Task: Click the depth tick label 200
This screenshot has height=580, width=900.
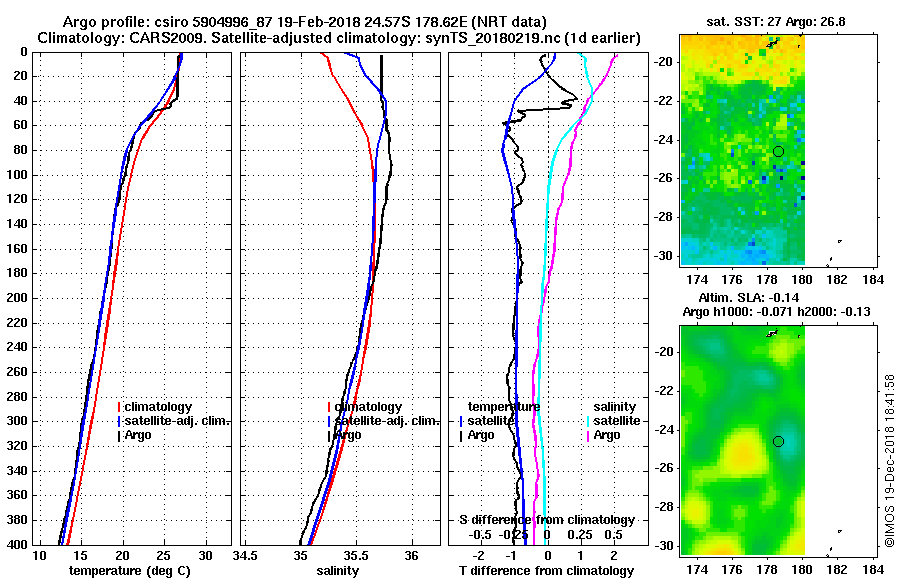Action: [17, 298]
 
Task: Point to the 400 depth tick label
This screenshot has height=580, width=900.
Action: [17, 545]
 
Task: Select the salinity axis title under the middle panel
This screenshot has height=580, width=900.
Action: [339, 571]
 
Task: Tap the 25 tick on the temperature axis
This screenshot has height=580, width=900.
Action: [164, 555]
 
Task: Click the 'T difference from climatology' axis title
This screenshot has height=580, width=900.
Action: [547, 571]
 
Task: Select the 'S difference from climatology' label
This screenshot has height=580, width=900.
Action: [547, 520]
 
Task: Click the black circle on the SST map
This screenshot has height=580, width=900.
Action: [778, 151]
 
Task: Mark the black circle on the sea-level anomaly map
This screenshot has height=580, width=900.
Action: [778, 441]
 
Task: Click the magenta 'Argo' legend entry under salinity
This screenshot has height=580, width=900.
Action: [607, 435]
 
